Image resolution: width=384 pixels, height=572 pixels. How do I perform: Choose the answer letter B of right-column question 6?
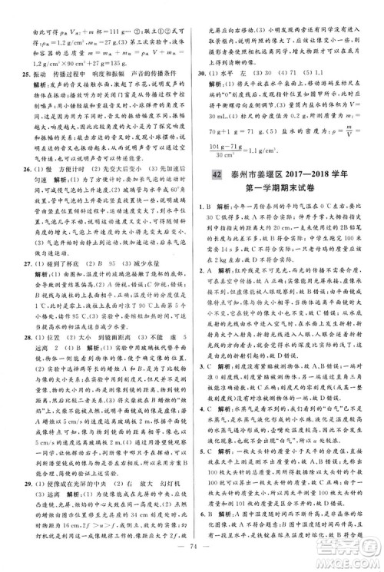(215, 512)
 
